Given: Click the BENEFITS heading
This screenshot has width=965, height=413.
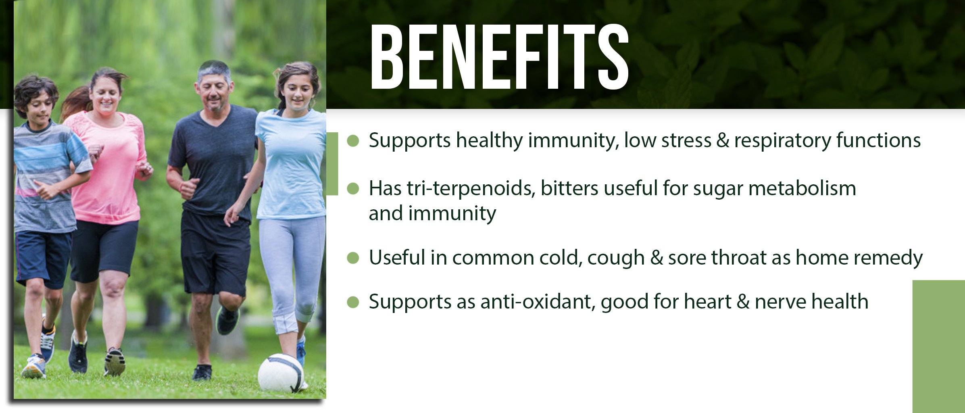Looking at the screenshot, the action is click(499, 56).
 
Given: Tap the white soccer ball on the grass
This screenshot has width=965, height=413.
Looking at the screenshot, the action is click(281, 373).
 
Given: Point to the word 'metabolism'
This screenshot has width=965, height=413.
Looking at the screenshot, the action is click(802, 188).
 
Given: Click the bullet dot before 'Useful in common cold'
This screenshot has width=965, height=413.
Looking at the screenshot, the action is click(353, 258).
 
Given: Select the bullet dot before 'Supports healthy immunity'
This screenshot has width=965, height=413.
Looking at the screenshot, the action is click(353, 141).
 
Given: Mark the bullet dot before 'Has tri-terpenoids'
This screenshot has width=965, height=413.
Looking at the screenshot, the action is click(353, 188).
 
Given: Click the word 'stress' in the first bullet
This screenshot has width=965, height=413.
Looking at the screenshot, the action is click(686, 141).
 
